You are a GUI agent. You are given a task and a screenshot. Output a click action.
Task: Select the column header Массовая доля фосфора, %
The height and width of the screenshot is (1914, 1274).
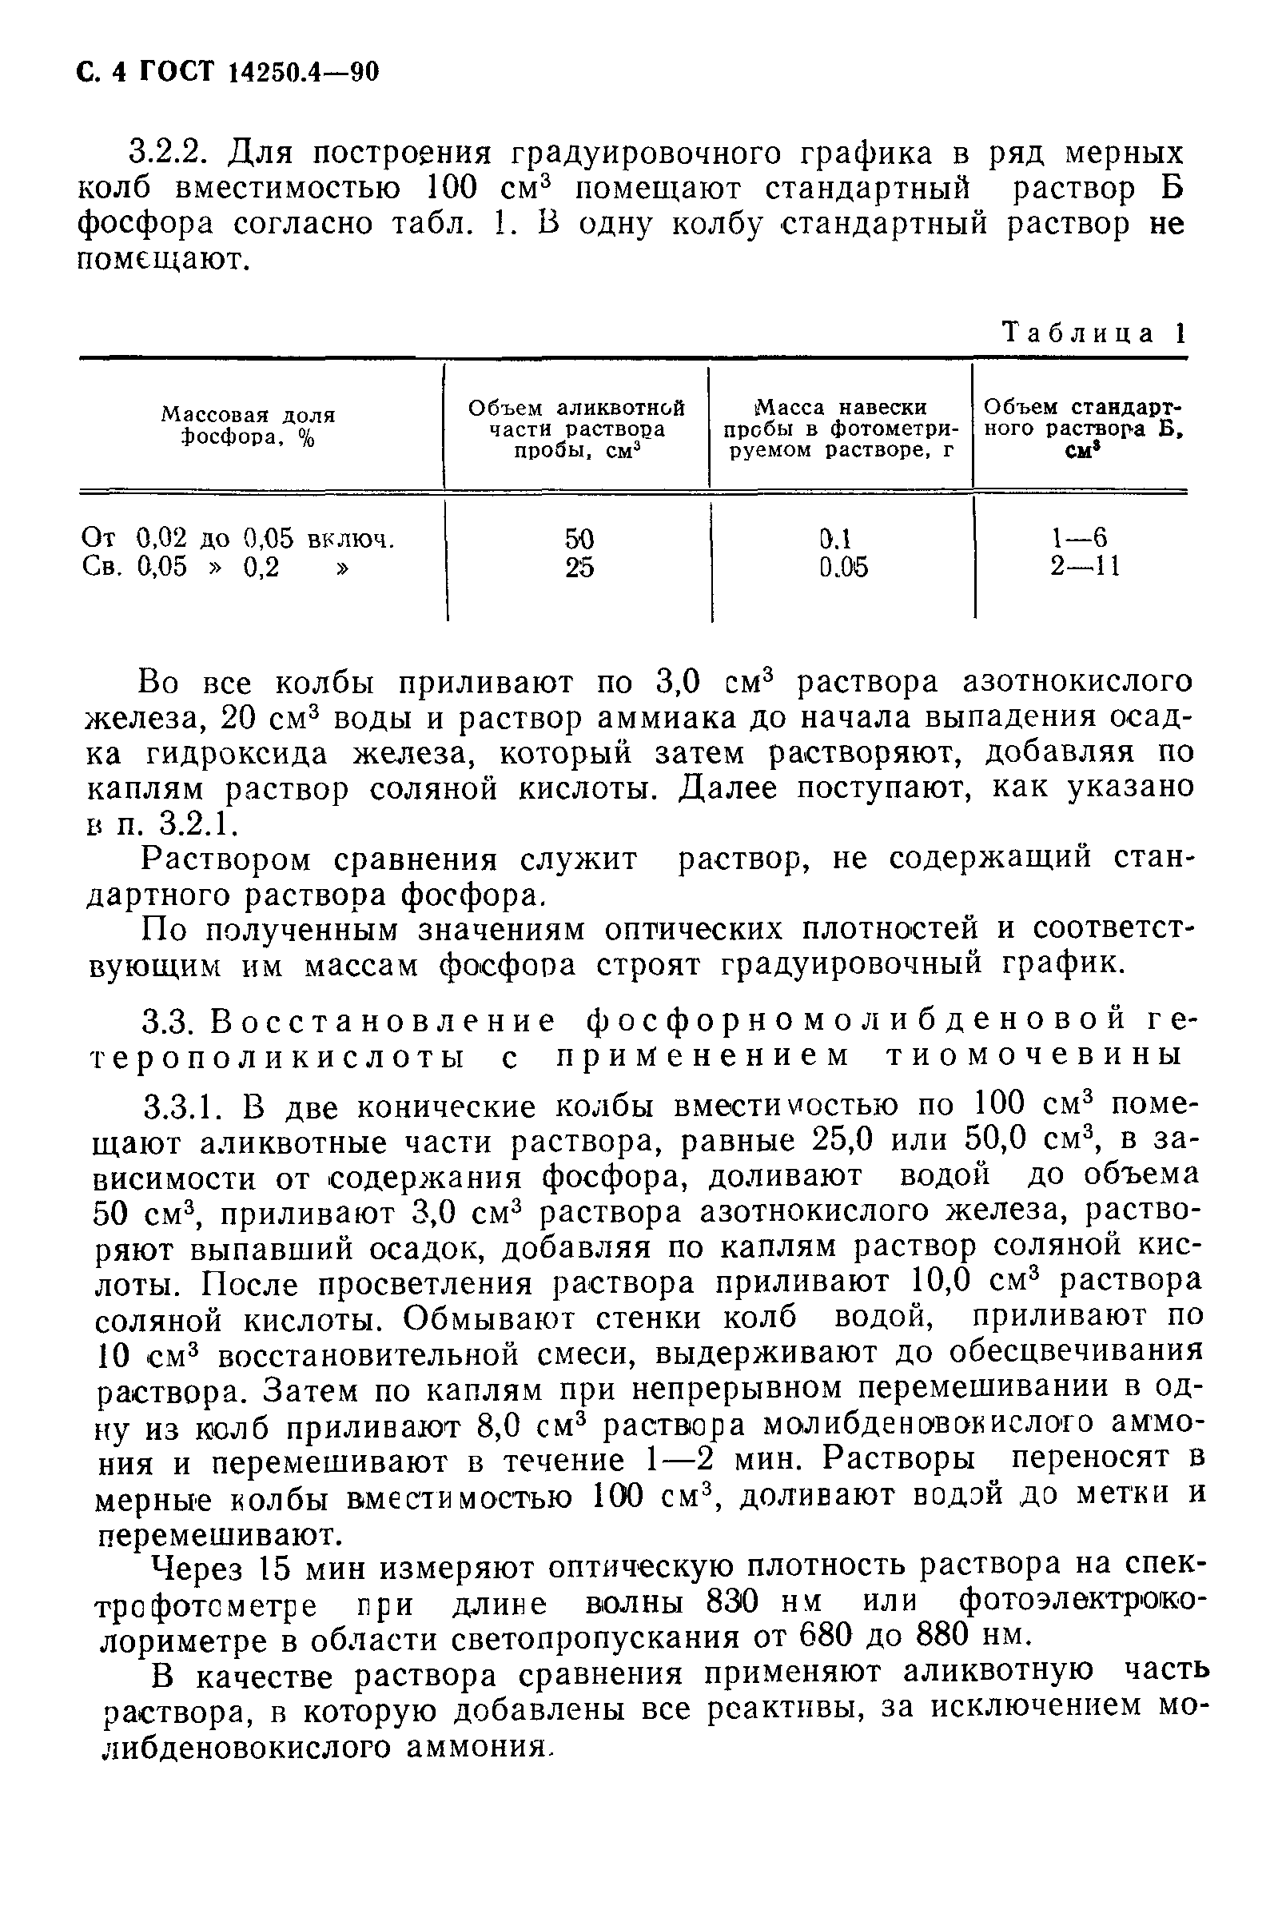coord(248,426)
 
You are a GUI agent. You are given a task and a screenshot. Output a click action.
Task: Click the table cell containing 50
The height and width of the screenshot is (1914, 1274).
coord(579,539)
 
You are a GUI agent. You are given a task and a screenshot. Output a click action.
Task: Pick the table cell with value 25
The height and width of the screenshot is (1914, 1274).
coord(579,568)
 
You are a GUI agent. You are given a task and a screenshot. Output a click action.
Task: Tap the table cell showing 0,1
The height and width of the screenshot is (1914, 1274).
coord(834,539)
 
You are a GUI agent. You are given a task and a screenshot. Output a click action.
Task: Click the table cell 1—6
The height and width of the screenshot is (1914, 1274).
coord(1079,537)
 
